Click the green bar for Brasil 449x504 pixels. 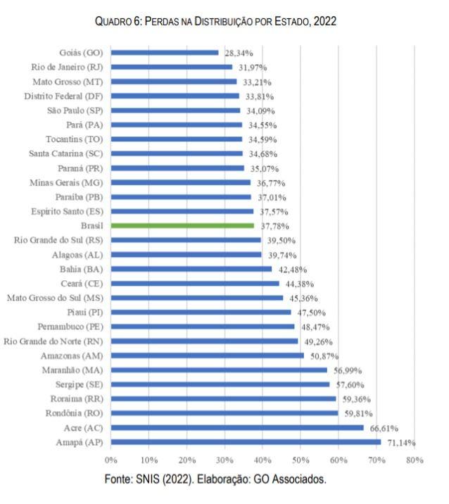[182, 226]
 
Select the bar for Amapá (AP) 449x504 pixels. [246, 442]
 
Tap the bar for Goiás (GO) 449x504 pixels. [165, 53]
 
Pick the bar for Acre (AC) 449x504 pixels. [237, 427]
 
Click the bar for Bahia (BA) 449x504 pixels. [191, 269]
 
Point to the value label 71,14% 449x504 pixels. [401, 442]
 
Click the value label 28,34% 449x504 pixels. [239, 53]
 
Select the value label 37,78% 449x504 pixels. [274, 226]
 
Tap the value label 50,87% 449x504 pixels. [324, 355]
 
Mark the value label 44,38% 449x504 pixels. [300, 284]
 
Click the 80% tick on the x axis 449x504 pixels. [415, 460]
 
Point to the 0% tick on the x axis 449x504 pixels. [110, 460]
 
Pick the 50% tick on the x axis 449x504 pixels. [301, 460]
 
